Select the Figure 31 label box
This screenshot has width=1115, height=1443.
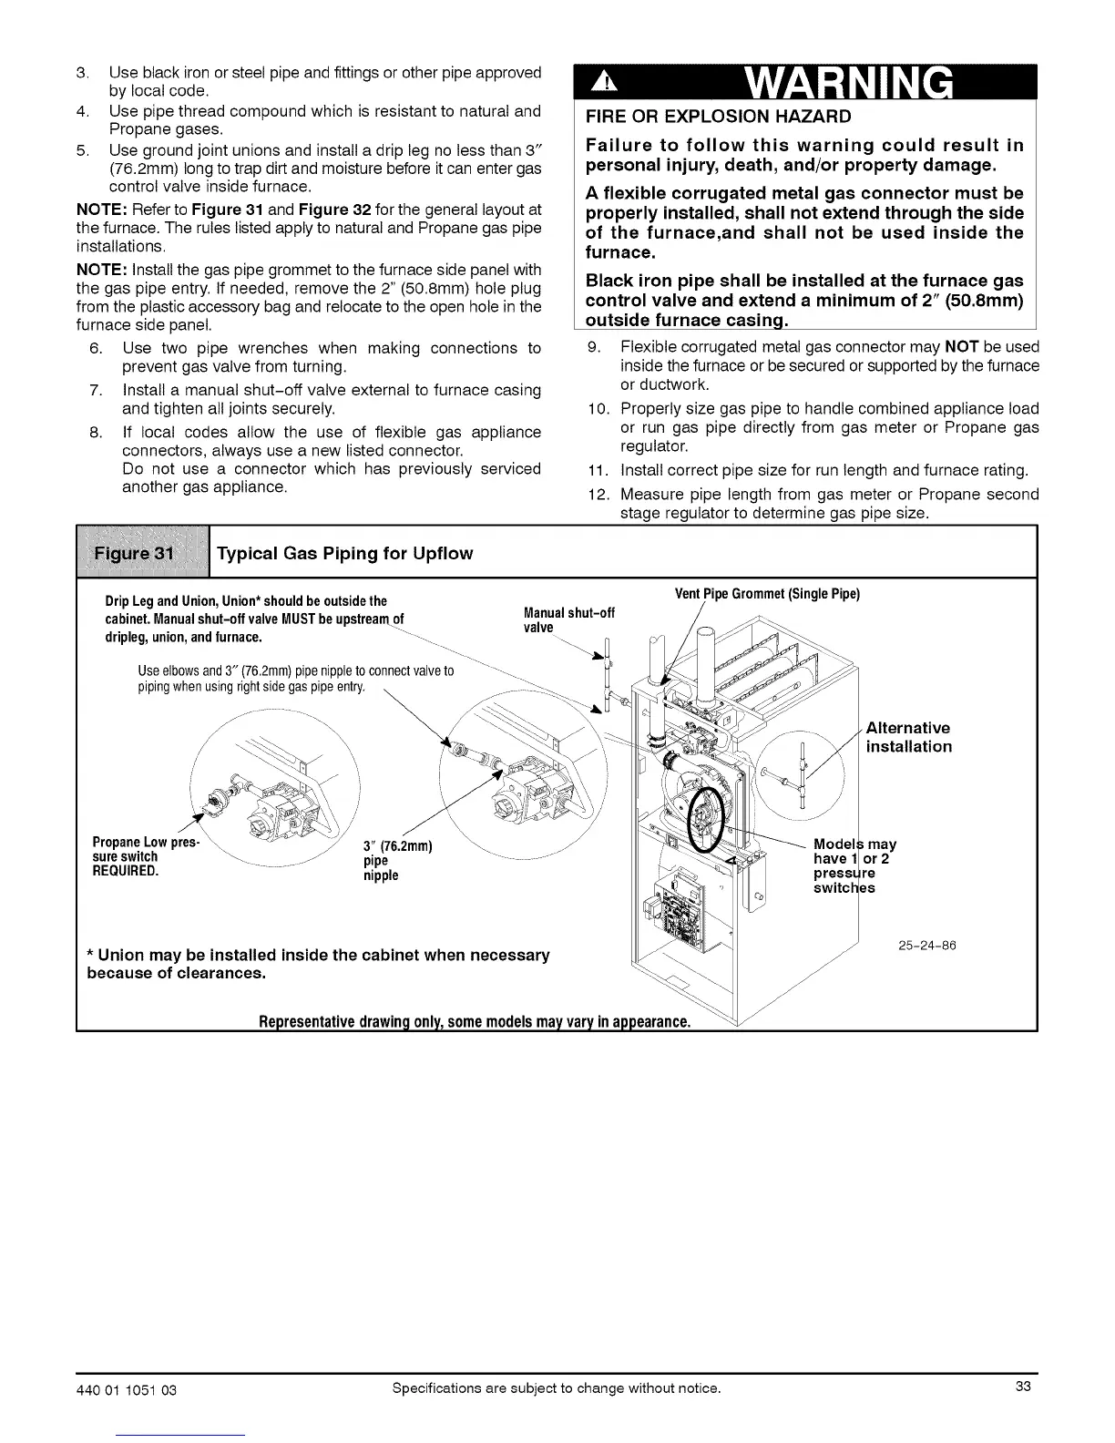coord(143,553)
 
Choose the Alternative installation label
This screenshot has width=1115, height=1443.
coord(908,737)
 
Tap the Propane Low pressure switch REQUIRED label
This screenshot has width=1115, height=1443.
coord(137,855)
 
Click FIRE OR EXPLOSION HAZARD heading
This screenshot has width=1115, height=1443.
coord(719,117)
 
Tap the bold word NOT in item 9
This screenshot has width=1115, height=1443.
coord(963,347)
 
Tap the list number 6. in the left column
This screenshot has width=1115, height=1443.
coord(97,348)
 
